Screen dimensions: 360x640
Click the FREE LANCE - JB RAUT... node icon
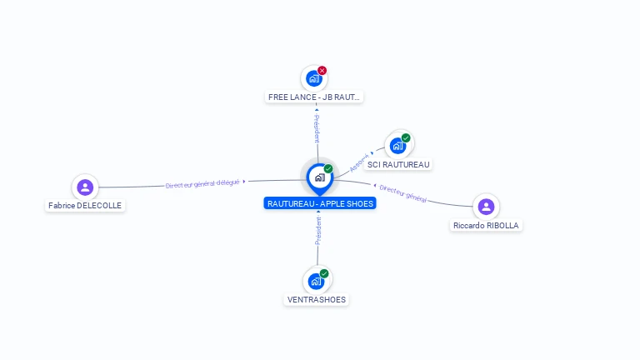pos(313,79)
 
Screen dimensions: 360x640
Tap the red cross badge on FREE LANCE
pos(322,71)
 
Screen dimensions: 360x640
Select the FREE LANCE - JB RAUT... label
pos(314,97)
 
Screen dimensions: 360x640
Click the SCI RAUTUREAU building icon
pos(397,146)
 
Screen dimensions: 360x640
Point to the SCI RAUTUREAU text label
pos(398,165)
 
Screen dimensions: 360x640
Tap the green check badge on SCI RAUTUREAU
pos(406,137)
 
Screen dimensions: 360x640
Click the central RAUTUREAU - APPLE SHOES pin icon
pos(319,177)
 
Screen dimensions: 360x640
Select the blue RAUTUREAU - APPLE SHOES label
pos(320,203)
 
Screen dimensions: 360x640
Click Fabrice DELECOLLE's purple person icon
pos(84,187)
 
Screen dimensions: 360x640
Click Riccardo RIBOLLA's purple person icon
pos(486,207)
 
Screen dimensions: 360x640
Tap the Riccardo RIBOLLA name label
pos(487,226)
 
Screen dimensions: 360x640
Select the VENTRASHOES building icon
pos(316,281)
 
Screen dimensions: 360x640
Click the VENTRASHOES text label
pos(316,300)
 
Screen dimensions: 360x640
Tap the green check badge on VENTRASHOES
pos(324,273)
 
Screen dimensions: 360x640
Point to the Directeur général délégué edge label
pos(202,183)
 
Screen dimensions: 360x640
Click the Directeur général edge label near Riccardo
pos(402,194)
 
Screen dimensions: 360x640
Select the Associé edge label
pos(359,162)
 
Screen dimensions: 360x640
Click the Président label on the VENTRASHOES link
pos(317,231)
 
